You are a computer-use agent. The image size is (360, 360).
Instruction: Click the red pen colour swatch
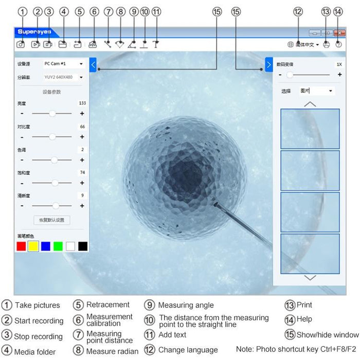coord(21,246)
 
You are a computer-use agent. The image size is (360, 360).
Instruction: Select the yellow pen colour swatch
coord(33,246)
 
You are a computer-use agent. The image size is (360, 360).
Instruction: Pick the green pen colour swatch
coord(58,246)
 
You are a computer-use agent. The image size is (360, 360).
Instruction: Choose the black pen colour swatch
coord(83,246)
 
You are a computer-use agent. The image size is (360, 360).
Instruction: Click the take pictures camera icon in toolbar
coord(21,44)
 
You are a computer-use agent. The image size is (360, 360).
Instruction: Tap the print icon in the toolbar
coord(326,44)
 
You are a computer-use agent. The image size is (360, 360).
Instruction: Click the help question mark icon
coord(338,44)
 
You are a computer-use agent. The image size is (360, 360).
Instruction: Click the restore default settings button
coord(51,220)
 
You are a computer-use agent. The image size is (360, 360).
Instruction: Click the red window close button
coord(339,32)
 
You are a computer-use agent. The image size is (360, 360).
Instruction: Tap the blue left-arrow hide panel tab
coord(93,64)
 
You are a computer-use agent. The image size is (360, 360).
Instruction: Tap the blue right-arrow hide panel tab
coord(268,64)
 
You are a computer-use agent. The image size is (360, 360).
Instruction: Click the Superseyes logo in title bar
coord(34,32)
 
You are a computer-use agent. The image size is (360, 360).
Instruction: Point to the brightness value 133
coord(82,103)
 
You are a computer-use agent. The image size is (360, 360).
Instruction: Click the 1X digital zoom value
coord(338,64)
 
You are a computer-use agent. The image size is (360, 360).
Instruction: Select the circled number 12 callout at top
coord(298,11)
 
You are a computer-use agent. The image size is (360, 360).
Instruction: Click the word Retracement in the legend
coord(107,304)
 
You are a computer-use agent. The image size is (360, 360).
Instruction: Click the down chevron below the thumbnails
coord(310,278)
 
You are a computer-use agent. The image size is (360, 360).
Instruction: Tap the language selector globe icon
coord(291,45)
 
